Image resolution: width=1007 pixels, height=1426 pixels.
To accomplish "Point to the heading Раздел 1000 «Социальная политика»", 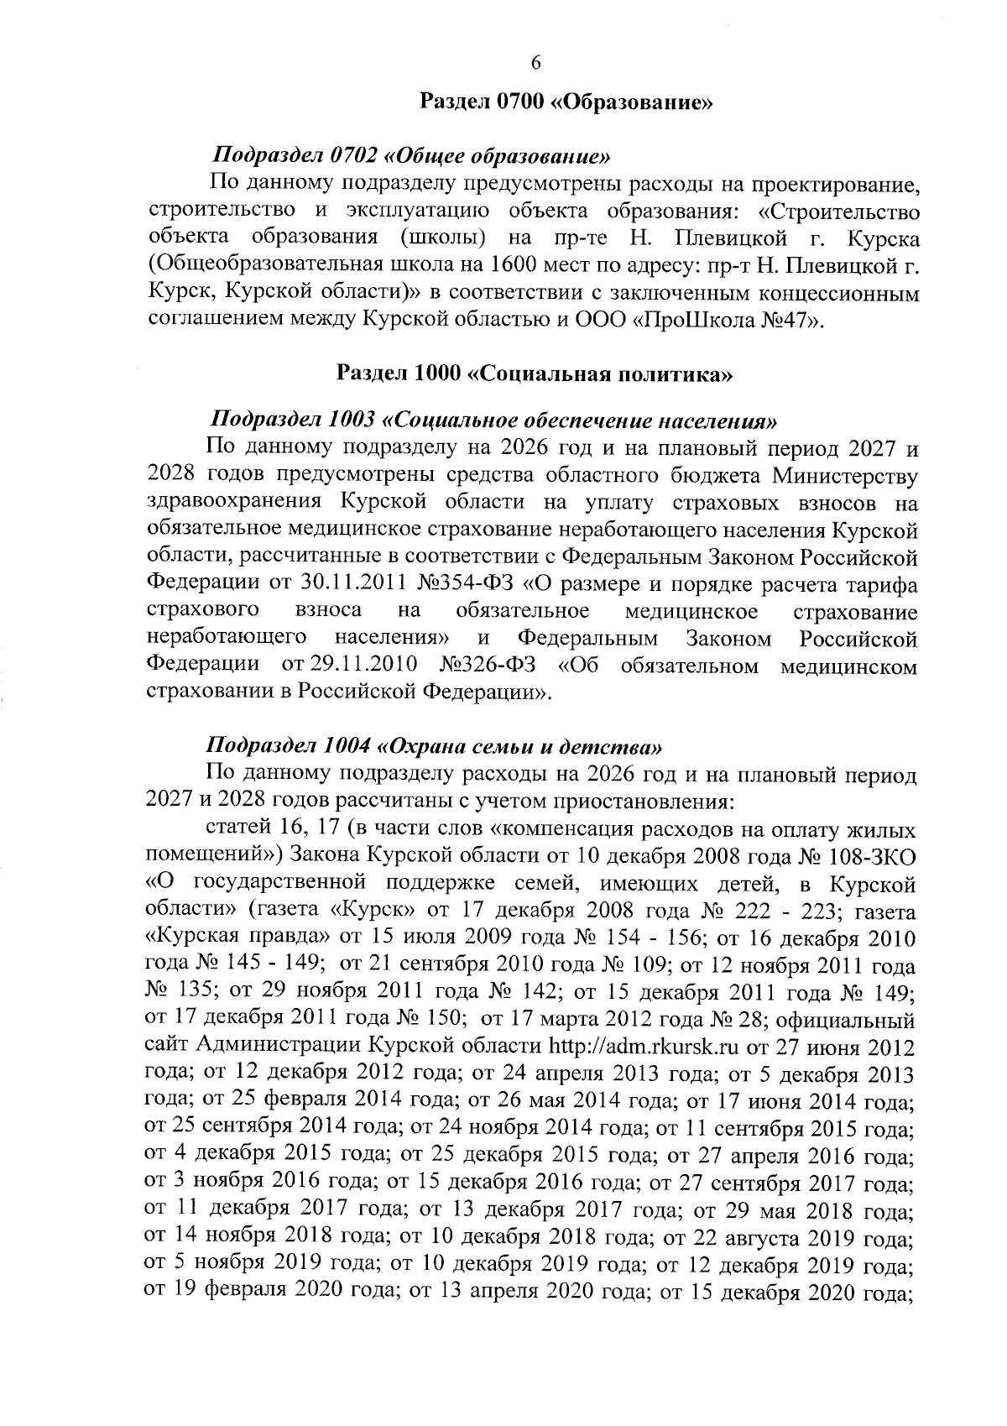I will pos(535,373).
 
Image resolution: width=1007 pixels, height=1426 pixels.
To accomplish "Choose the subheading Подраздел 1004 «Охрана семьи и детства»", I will pos(437,744).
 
